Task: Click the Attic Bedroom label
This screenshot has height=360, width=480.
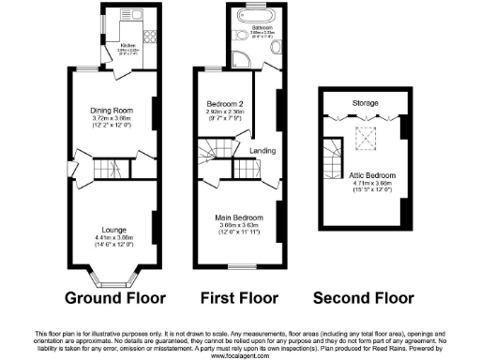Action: [x=366, y=175]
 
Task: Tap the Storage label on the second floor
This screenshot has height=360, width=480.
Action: [x=365, y=101]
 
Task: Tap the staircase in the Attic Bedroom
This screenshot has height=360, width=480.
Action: [x=334, y=151]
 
